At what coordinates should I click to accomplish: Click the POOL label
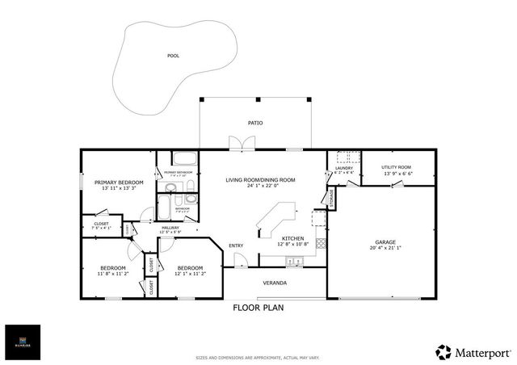click(x=173, y=56)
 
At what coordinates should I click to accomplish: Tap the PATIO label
click(x=255, y=123)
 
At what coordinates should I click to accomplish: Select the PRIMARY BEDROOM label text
click(x=119, y=182)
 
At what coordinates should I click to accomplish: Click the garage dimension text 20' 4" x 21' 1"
click(x=386, y=248)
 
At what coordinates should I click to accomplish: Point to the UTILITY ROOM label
click(x=397, y=166)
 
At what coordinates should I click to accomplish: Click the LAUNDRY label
click(x=344, y=167)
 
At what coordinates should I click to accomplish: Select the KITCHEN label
click(x=292, y=239)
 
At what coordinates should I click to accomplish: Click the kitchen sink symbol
click(x=296, y=259)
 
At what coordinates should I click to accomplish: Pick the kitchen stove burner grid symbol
click(x=321, y=241)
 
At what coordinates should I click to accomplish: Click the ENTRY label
click(x=236, y=245)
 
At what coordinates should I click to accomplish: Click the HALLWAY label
click(x=170, y=228)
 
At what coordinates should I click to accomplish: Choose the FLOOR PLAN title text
click(x=258, y=308)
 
